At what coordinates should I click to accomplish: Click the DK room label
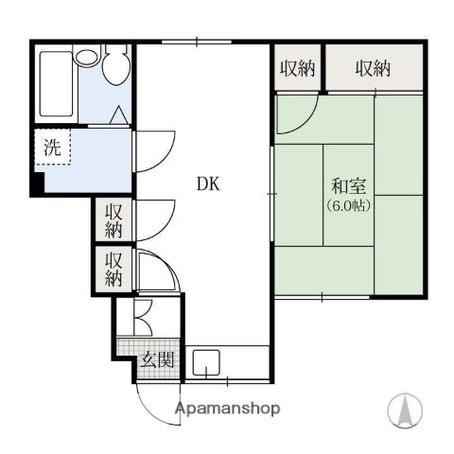(208, 185)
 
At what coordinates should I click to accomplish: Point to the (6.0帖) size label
(347, 204)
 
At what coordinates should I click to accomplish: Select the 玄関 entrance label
(158, 359)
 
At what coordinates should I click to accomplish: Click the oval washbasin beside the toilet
(88, 56)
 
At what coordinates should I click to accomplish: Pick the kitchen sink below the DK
(207, 362)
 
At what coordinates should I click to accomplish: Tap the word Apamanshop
(227, 410)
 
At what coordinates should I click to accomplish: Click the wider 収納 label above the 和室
(374, 68)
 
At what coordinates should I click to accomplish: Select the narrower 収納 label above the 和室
(297, 68)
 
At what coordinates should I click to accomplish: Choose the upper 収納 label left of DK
(114, 220)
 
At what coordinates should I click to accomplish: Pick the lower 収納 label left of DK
(114, 268)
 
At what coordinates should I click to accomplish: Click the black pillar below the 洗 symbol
(37, 185)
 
